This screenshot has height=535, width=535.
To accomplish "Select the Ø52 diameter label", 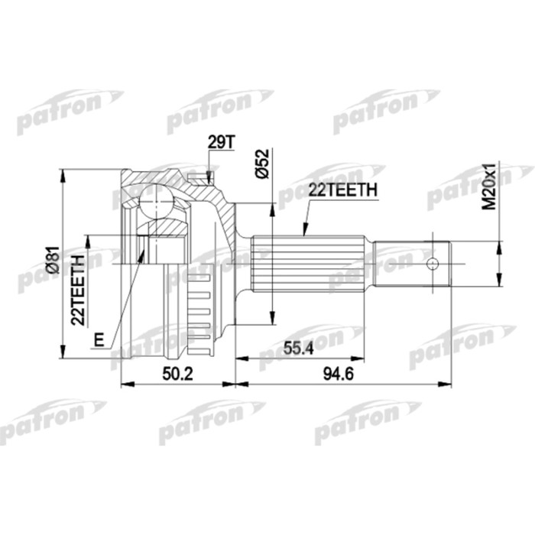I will (x=262, y=164).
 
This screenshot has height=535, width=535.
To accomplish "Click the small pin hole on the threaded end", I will (x=433, y=264).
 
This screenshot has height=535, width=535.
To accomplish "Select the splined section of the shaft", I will (x=313, y=264).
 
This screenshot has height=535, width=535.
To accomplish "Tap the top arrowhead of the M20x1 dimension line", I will (x=500, y=242).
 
